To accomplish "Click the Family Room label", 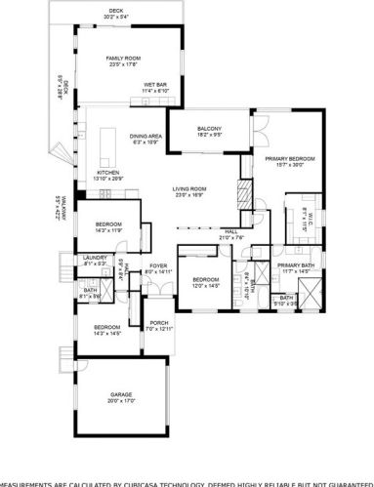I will pyautogui.click(x=124, y=59).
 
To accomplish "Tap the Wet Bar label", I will pyautogui.click(x=155, y=84).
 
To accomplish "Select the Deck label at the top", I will pyautogui.click(x=116, y=9).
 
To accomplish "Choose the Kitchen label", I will pyautogui.click(x=107, y=172).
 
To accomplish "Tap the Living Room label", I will pyautogui.click(x=190, y=188).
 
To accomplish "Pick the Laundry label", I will pyautogui.click(x=94, y=258).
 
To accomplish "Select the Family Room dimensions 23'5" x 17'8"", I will pyautogui.click(x=124, y=65).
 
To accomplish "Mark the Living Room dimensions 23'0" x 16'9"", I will pyautogui.click(x=190, y=195).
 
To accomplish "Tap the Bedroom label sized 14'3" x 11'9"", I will pyautogui.click(x=108, y=224).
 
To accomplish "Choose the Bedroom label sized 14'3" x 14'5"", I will pyautogui.click(x=106, y=327).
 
